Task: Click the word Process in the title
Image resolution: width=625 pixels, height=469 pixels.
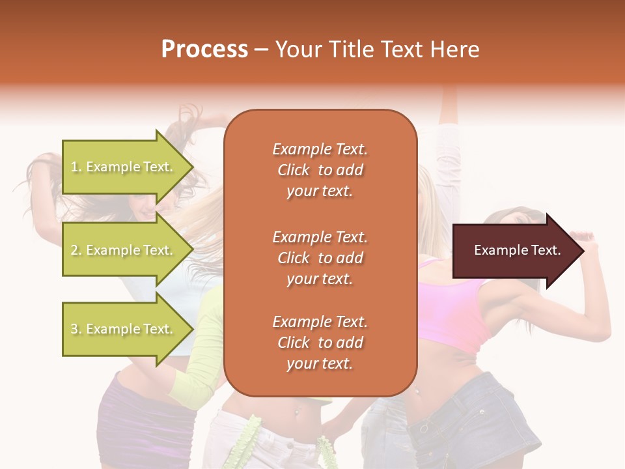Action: click(x=204, y=50)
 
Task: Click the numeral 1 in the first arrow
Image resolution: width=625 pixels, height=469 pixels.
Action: click(x=74, y=167)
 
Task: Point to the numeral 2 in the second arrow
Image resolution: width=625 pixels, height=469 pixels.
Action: click(x=74, y=250)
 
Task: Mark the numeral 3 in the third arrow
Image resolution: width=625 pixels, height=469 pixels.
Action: click(x=74, y=329)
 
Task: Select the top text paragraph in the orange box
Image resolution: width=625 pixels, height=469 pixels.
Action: click(x=320, y=170)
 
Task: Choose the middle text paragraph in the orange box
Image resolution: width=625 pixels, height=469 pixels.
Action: click(x=320, y=258)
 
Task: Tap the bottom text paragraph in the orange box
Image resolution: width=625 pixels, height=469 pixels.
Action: click(x=320, y=343)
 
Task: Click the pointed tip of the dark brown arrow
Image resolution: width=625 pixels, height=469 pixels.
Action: click(x=582, y=251)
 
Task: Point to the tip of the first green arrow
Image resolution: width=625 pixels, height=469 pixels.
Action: click(x=192, y=167)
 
